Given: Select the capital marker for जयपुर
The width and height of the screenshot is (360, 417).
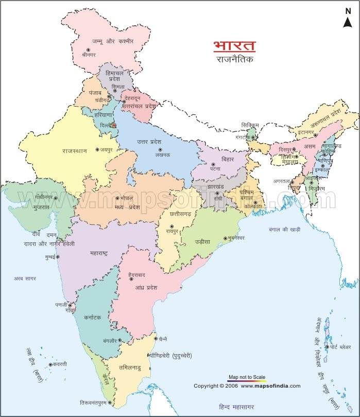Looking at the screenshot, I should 97,149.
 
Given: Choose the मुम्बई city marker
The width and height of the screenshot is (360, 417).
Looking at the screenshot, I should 58,256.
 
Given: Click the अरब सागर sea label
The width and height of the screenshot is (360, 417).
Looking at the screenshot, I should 26,278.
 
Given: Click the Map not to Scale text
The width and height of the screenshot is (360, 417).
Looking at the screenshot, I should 247,377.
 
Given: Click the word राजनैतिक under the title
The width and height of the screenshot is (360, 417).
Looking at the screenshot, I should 234,60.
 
